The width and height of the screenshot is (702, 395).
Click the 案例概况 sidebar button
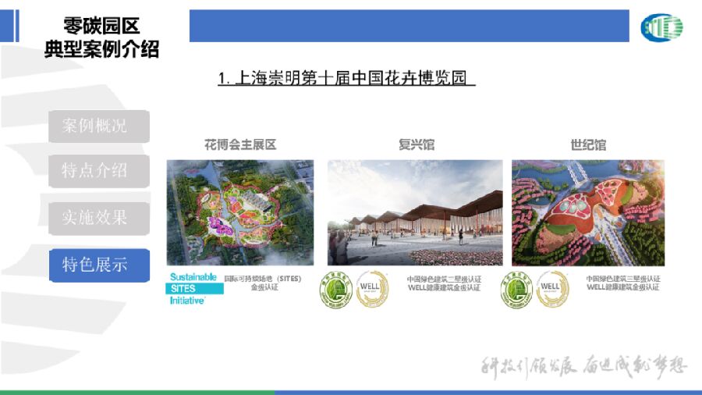pos(98,126)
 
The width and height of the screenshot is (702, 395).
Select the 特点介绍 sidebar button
pos(98,171)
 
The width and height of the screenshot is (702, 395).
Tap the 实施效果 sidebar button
pos(98,218)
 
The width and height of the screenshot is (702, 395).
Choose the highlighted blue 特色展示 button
pos(98,265)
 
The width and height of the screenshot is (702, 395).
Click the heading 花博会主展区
pos(240,145)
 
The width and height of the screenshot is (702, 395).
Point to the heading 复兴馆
pos(416,145)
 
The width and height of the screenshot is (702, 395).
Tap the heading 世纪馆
pos(588,145)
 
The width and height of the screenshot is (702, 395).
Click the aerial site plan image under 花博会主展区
pos(240,212)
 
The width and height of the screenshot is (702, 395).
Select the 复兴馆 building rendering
pos(415,212)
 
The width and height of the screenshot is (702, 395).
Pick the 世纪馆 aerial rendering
pos(588,212)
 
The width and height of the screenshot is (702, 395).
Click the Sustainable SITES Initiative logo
pos(195,288)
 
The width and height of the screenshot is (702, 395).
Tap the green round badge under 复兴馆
pos(336,290)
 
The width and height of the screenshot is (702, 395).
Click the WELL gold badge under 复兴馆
pos(372,290)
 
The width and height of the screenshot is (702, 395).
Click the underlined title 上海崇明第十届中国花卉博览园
pos(347,79)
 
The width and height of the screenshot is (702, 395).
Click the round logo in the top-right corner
pos(661,27)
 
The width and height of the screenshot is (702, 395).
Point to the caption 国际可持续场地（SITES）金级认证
pos(262,283)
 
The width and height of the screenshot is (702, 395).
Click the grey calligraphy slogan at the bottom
pos(583,367)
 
